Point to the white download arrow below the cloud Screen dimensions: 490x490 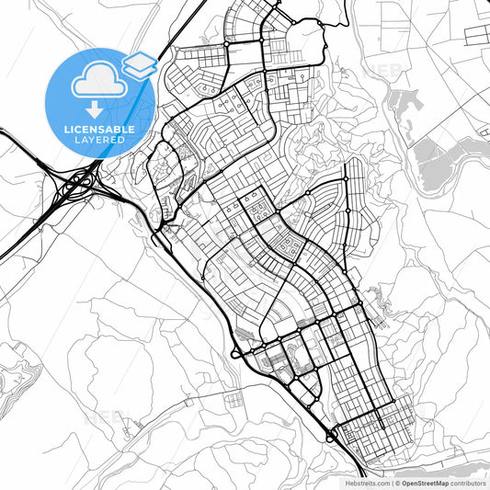(96, 108)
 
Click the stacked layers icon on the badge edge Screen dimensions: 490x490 (139, 63)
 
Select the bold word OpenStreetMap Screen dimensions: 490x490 (424, 483)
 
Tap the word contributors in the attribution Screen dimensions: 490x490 (468, 483)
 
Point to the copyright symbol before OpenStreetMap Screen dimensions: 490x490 (397, 483)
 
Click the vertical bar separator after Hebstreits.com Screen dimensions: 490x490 (392, 483)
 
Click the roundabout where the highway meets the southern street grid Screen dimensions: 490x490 (331, 435)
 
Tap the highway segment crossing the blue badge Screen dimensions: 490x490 (147, 74)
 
